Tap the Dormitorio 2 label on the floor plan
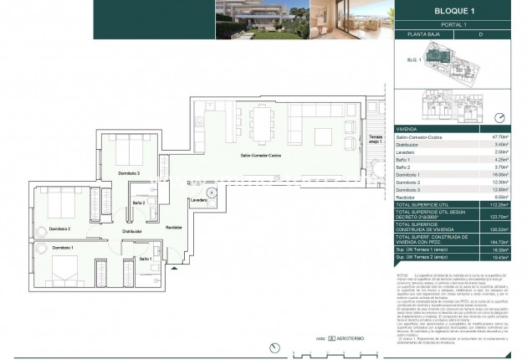59,228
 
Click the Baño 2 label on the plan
140,203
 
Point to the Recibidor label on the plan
174,227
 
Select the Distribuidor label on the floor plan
131,231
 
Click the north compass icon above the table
501,118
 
